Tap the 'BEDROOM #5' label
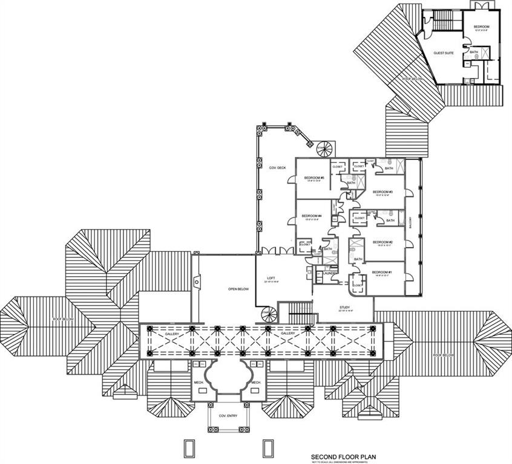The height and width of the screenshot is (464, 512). tap(315, 178)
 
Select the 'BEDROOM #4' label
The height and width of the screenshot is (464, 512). tap(311, 216)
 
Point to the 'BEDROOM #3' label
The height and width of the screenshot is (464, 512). tap(383, 192)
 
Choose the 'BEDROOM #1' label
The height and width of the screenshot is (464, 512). tap(382, 272)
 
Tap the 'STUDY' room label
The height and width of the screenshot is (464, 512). tap(346, 307)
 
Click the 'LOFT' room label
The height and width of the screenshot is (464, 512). tap(271, 279)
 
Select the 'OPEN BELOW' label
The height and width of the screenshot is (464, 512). tap(239, 289)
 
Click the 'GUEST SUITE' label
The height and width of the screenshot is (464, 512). tap(444, 53)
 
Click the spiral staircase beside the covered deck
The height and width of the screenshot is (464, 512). tap(323, 148)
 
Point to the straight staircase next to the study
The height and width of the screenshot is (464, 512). tap(301, 313)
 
